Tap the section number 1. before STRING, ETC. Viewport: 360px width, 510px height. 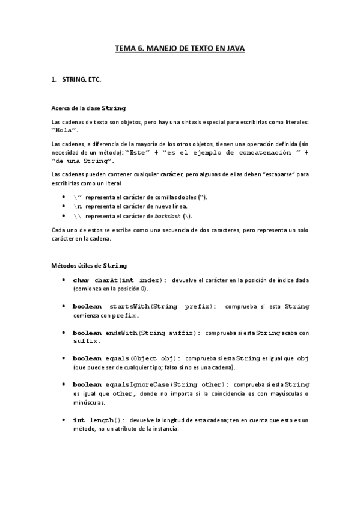coord(53,78)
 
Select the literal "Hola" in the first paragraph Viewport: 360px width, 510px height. coord(65,130)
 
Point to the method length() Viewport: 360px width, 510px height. coord(107,419)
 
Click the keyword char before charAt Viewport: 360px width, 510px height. coord(81,280)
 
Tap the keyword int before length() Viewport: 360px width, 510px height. coord(79,419)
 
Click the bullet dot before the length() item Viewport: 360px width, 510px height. coord(64,419)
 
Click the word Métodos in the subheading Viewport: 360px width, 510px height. coord(65,265)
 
